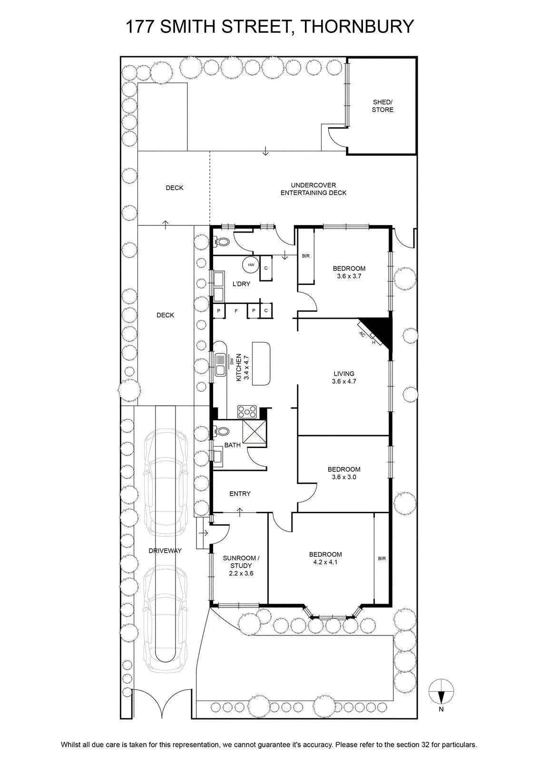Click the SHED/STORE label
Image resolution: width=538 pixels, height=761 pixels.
[382, 106]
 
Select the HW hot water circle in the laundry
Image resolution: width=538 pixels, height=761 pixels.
[251, 264]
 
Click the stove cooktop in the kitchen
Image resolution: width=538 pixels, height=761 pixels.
[247, 412]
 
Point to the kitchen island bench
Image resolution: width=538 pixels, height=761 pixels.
[261, 363]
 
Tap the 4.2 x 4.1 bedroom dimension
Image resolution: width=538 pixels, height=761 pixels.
[325, 562]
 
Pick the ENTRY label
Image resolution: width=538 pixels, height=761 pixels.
[240, 494]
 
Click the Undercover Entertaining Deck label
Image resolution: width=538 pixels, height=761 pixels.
[313, 189]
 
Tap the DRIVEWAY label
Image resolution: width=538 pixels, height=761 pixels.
[165, 551]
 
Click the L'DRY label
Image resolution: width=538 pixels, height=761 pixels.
[241, 283]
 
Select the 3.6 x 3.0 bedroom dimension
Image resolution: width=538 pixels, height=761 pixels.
[344, 477]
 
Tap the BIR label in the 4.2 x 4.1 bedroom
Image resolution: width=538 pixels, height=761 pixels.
[381, 558]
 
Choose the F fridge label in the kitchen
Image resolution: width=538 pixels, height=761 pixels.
[236, 311]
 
